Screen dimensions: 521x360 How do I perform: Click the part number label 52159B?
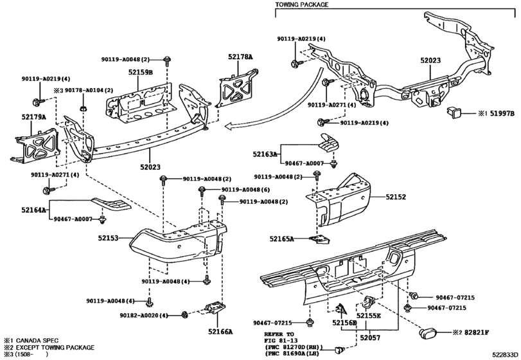141,72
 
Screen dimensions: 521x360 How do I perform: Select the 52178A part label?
240,57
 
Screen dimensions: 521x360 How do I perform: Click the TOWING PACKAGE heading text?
302,4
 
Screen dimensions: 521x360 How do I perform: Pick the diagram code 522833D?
505,354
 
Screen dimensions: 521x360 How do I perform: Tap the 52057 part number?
370,338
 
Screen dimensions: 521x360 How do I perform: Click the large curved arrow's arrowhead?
229,126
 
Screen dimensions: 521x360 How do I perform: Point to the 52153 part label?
108,238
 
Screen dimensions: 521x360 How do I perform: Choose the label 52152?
396,197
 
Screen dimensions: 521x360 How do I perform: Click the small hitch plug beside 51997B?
452,112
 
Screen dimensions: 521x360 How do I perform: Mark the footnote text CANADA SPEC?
37,340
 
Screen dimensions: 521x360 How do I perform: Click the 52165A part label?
282,239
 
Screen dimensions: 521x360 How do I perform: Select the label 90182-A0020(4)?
144,315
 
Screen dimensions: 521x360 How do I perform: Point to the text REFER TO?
279,334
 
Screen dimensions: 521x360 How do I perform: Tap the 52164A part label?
34,210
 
